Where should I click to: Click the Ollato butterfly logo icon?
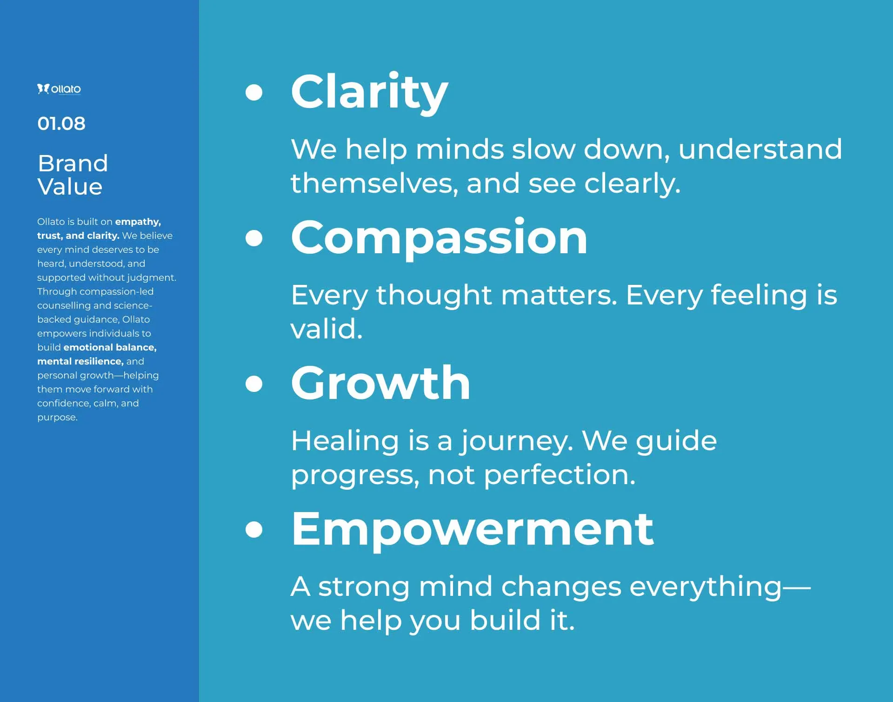click(43, 88)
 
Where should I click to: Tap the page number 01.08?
click(61, 123)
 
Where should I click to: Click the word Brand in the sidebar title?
click(73, 163)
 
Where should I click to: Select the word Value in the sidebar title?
click(70, 187)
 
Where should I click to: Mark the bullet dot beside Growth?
click(254, 383)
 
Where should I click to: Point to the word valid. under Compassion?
click(327, 329)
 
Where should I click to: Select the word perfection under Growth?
click(560, 476)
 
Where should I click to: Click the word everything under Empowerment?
click(706, 587)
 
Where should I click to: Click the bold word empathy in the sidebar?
click(138, 222)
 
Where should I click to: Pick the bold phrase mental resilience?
click(80, 361)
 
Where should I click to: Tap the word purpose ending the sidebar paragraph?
click(57, 418)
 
